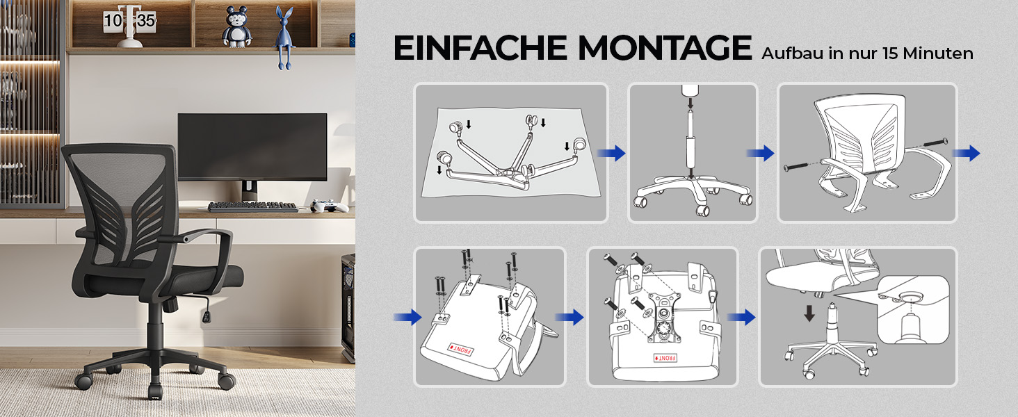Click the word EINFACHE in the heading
480,48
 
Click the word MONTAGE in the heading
665,48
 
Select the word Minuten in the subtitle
938,54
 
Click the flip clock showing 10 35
129,25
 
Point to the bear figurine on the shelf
237,27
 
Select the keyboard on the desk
252,207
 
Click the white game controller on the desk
329,206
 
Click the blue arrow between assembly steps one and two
612,153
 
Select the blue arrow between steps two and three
760,153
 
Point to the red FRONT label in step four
461,349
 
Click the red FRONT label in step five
665,358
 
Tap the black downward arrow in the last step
809,313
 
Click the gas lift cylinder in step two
690,145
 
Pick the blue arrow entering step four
407,317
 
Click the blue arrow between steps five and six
741,317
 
